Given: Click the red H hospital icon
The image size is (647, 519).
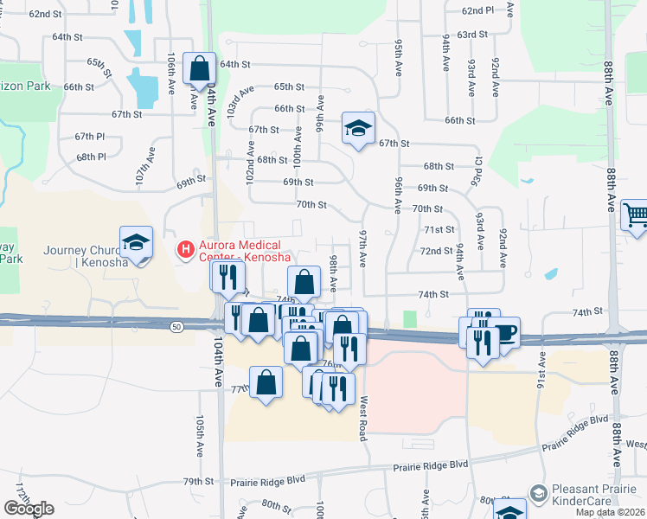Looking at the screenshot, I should (184, 250).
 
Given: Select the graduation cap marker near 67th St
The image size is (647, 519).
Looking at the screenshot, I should (358, 128).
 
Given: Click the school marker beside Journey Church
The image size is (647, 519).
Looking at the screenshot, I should (137, 242).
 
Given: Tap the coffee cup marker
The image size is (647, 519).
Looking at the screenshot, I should (505, 332).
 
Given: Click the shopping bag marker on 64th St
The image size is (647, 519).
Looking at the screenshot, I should (200, 67).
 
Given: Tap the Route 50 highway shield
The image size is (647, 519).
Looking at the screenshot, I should (176, 325).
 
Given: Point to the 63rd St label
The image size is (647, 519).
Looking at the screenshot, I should (473, 34).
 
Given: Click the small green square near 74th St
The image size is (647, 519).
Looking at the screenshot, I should (410, 319).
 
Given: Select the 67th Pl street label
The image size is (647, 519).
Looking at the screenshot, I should (90, 137).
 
